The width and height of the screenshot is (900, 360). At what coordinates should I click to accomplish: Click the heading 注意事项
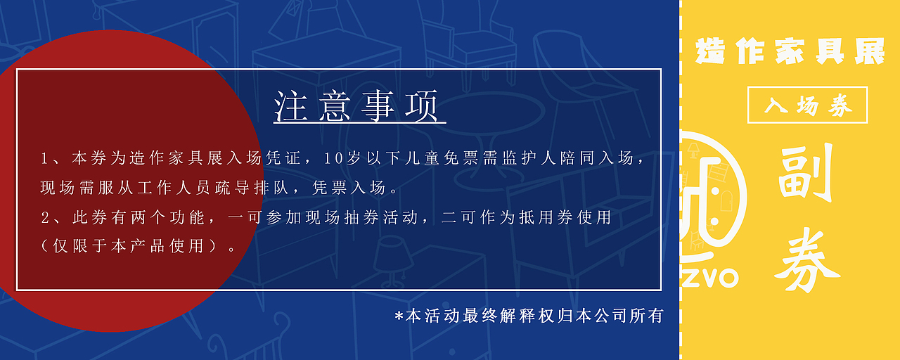click(359, 106)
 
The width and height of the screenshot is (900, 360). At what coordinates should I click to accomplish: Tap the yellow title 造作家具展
click(790, 52)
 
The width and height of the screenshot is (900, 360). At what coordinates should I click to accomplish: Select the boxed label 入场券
click(807, 105)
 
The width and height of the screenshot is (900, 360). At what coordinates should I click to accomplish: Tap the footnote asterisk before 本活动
click(399, 317)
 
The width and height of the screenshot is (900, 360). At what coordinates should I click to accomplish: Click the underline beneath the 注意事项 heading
click(359, 124)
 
